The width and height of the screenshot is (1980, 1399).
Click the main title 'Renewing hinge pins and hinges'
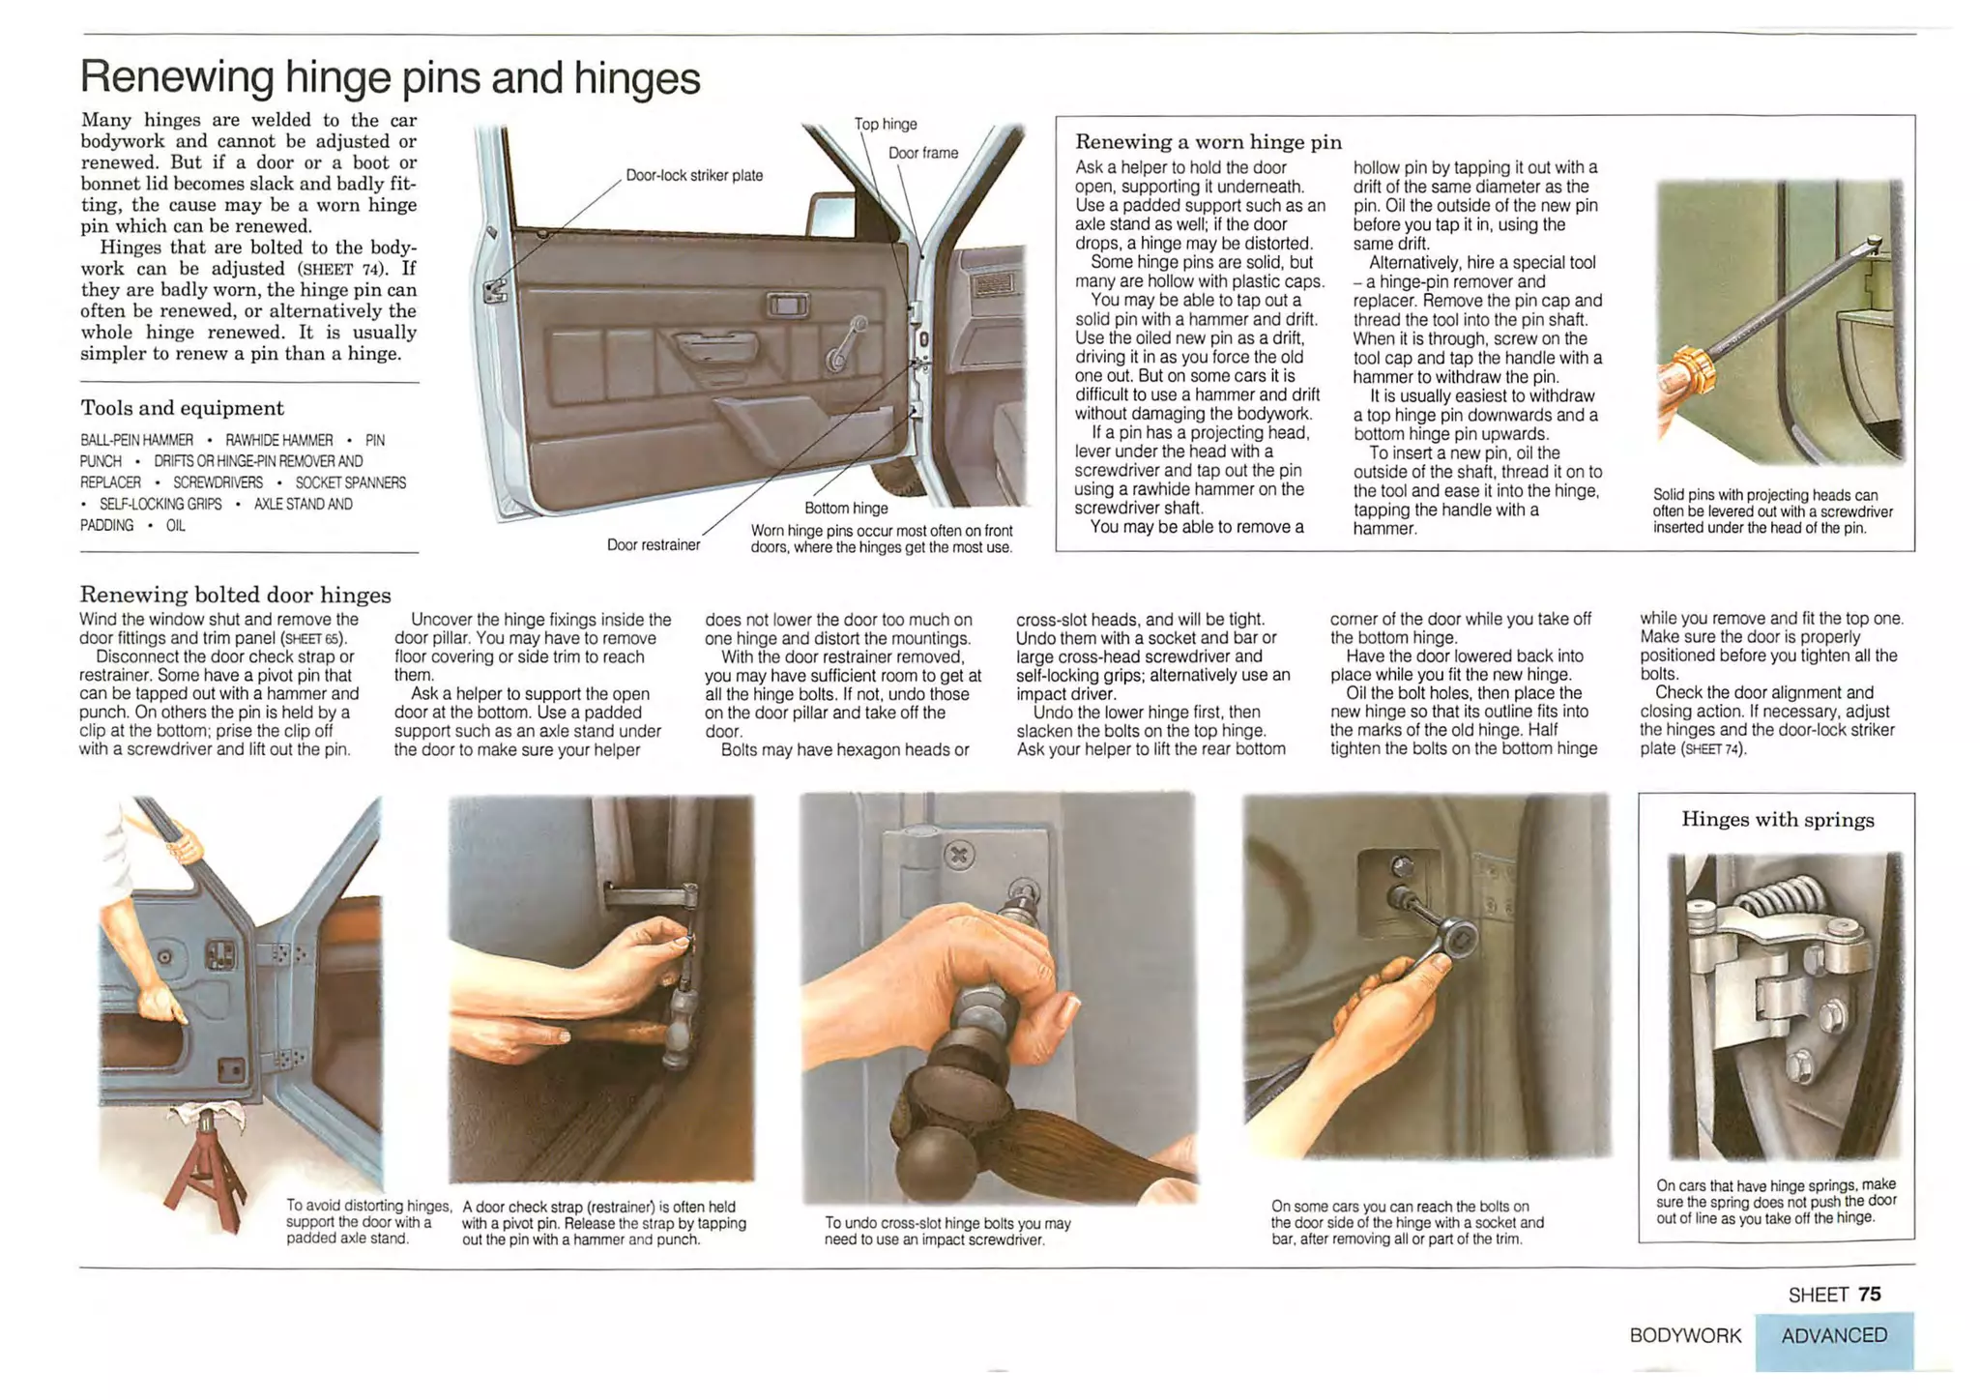point(390,77)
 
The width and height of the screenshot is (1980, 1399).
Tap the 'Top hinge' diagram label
point(886,124)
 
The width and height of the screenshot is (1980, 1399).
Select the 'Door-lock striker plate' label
point(694,175)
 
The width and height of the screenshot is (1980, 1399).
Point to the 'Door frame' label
point(923,153)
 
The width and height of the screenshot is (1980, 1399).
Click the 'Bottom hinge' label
point(846,508)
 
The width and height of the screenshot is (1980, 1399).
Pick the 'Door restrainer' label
point(654,544)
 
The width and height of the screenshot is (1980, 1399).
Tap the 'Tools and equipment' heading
point(182,408)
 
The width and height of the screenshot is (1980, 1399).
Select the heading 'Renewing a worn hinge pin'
point(1208,142)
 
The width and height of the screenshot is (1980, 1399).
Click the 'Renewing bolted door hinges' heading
point(235,594)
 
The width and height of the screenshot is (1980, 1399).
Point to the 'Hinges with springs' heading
point(1777,820)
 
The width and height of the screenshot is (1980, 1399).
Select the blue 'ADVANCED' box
point(1834,1339)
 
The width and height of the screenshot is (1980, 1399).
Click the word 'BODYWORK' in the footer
point(1685,1335)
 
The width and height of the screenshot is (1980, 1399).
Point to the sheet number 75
point(1870,1295)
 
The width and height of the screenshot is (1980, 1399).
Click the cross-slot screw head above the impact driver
point(959,855)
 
